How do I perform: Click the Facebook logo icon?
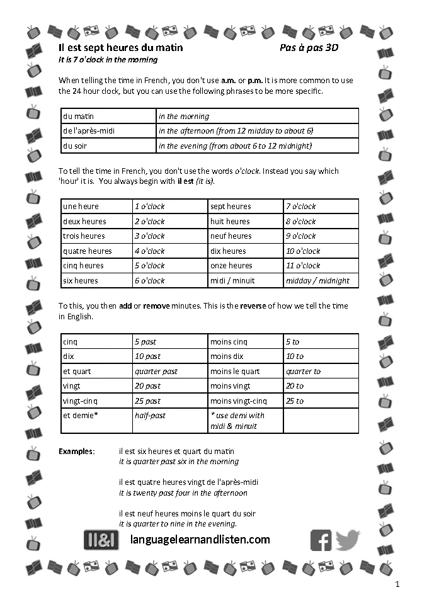click(x=321, y=540)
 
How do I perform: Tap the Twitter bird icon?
click(x=348, y=540)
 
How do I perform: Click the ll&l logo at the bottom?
click(x=101, y=540)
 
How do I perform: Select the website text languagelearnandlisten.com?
click(x=200, y=540)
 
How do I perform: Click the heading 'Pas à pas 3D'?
click(x=309, y=48)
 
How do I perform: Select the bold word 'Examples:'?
click(x=77, y=452)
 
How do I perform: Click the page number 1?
click(x=397, y=585)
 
